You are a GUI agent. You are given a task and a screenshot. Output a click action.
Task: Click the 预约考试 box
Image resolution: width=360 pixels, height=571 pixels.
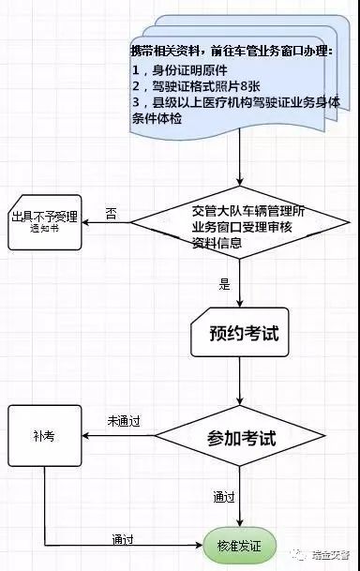coord(240,333)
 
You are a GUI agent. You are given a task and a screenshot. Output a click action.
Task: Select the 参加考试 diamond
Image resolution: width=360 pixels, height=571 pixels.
coord(240,436)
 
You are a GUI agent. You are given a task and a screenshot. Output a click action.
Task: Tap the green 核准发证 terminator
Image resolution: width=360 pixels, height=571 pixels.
coord(239,546)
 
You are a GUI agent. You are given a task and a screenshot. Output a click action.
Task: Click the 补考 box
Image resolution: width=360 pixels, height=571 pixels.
coord(45,436)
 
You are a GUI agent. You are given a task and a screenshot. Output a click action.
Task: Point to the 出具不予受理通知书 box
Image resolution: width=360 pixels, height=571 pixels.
coord(45,222)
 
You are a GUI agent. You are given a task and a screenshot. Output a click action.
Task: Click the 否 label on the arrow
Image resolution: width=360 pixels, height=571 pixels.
coord(111,213)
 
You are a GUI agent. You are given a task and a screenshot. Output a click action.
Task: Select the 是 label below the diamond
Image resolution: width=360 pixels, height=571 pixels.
coord(225,284)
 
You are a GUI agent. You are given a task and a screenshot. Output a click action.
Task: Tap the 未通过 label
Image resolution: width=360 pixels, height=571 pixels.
coord(124,421)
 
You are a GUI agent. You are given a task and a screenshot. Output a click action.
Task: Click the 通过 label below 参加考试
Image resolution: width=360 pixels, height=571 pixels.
coord(224,497)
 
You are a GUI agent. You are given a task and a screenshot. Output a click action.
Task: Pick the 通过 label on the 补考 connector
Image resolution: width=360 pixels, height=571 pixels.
coord(123,539)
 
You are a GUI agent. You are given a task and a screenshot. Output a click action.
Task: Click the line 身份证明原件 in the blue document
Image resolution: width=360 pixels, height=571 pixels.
coord(180,70)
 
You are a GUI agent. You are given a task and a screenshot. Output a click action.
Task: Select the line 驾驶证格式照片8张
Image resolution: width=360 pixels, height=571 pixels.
coord(196,86)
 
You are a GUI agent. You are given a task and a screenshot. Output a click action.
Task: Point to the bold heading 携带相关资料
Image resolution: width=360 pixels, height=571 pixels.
coord(165,51)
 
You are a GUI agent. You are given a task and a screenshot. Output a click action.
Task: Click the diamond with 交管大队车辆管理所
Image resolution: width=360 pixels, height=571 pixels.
coord(240,222)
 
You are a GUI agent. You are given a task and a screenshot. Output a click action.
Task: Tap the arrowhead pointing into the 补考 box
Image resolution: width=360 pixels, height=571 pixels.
coord(85,436)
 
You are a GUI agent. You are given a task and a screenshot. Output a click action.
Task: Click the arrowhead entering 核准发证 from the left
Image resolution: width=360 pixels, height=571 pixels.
coord(199,545)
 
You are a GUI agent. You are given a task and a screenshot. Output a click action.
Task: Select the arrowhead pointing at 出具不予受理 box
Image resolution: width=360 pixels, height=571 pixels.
coord(85,222)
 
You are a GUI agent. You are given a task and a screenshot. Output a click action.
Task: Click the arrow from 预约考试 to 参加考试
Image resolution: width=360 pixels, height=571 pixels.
coord(240,381)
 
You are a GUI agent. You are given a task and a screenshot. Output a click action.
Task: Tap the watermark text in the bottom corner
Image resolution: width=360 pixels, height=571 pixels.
coord(331,555)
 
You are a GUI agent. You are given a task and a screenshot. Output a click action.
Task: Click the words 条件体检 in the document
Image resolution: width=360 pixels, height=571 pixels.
coord(157,119)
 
